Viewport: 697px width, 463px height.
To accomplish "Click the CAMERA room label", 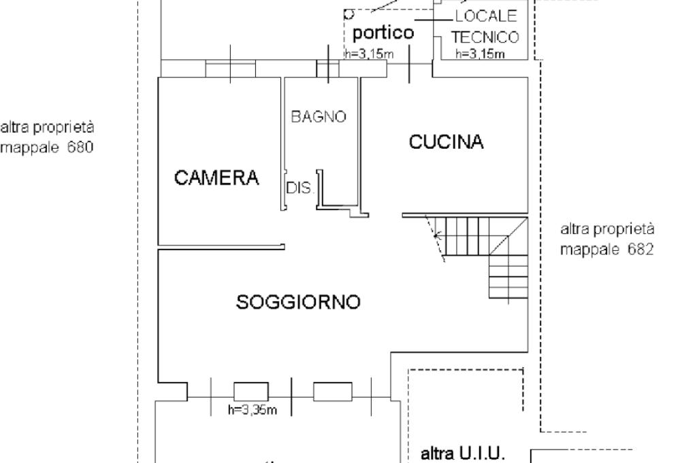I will pyautogui.click(x=216, y=178).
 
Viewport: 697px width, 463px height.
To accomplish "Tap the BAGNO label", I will pyautogui.click(x=319, y=117).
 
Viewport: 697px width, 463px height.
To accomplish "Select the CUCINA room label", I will pyautogui.click(x=446, y=142).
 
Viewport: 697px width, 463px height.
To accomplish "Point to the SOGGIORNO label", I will pyautogui.click(x=298, y=301).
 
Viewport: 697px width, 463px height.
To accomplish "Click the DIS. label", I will pyautogui.click(x=299, y=188).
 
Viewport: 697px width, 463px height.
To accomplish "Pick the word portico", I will pyautogui.click(x=383, y=33).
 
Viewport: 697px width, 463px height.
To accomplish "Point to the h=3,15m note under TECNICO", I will pyautogui.click(x=480, y=54).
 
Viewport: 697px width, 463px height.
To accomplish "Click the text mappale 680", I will pyautogui.click(x=47, y=147).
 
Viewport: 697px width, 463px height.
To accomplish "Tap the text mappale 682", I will pyautogui.click(x=607, y=249).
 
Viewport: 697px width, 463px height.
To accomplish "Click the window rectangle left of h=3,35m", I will pyautogui.click(x=251, y=391).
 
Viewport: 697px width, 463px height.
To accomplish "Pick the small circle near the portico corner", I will pyautogui.click(x=349, y=13).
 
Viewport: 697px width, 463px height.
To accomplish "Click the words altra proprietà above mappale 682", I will pyautogui.click(x=607, y=228).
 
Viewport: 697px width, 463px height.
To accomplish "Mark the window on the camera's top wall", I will pyautogui.click(x=230, y=68).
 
